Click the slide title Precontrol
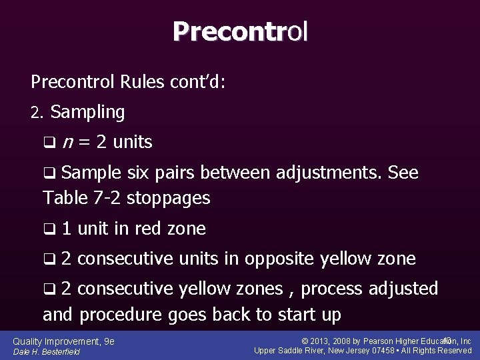click(240, 31)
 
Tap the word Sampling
click(87, 113)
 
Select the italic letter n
click(67, 142)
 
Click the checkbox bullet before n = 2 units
click(48, 143)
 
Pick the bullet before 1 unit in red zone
click(48, 229)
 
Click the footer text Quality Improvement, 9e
click(64, 341)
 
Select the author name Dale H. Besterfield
click(47, 351)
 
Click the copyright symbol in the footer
click(305, 341)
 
